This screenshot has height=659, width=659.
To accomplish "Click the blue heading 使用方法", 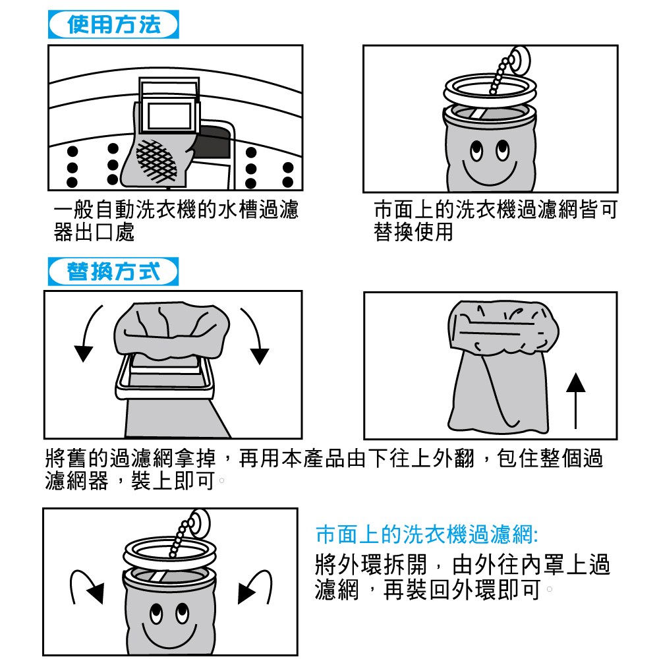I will (114, 26).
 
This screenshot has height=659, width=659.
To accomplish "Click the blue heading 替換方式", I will (114, 272).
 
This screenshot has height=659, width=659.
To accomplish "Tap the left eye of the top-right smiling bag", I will (477, 150).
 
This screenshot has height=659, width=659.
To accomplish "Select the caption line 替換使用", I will (414, 233).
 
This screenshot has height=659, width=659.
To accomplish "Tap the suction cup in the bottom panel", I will (199, 524).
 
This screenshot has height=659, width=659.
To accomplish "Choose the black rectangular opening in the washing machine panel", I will (215, 142).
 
